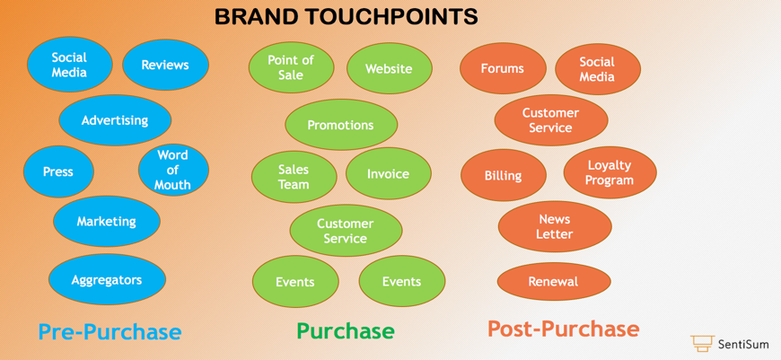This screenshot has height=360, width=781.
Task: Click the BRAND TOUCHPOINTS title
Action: [x=346, y=16]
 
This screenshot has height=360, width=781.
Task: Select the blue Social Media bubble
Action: [x=69, y=65]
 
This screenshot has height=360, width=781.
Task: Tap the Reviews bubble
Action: [x=165, y=65]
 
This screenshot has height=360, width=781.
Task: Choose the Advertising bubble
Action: [x=115, y=120]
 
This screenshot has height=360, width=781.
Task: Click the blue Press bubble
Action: [x=58, y=171]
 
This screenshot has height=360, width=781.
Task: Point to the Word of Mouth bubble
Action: [x=173, y=170]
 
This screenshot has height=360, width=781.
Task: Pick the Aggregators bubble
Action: [x=107, y=280]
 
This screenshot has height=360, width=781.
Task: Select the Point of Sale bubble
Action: [x=291, y=68]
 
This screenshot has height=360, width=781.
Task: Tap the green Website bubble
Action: [x=389, y=68]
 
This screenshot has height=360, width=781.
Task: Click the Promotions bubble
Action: [x=341, y=125]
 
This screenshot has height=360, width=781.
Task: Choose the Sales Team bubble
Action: [x=294, y=177]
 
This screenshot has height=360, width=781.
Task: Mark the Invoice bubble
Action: [x=388, y=174]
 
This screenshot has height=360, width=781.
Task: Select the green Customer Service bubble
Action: [x=346, y=231]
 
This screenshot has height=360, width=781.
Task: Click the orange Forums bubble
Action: [x=503, y=68]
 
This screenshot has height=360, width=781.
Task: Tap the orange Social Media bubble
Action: [x=597, y=69]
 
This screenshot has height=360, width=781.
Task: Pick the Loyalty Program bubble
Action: [x=610, y=172]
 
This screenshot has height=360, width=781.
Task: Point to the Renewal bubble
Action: [x=554, y=282]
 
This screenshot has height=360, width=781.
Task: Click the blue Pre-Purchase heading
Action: [x=110, y=331]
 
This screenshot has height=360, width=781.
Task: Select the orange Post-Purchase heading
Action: [x=564, y=329]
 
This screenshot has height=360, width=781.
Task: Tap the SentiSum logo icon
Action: [x=702, y=343]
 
